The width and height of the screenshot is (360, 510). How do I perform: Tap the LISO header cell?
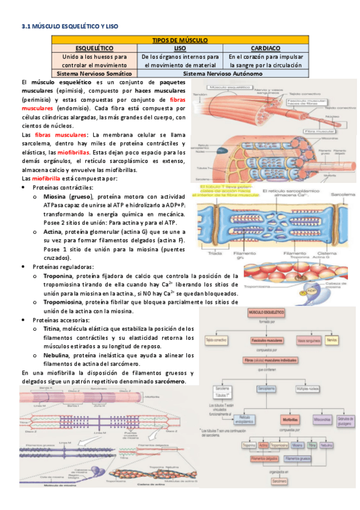coord(180,48)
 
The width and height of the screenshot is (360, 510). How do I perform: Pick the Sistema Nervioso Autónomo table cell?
coord(222,73)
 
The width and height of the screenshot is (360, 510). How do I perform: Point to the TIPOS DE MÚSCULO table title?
coord(180,40)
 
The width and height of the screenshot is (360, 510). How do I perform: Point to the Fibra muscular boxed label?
coord(315,130)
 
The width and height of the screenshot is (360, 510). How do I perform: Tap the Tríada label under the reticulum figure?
coord(214,254)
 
